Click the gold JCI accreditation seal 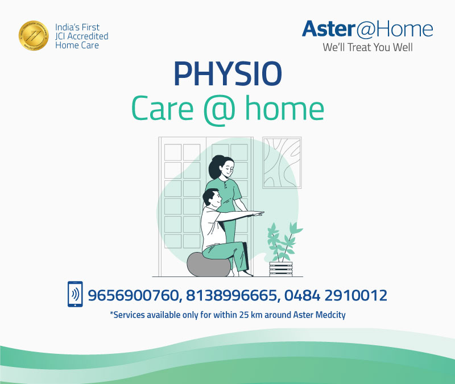pyautogui.click(x=34, y=36)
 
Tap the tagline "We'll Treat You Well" pyautogui.click(x=367, y=48)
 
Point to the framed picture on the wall pyautogui.click(x=282, y=162)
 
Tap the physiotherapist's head pyautogui.click(x=221, y=167)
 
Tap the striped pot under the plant pyautogui.click(x=281, y=269)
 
